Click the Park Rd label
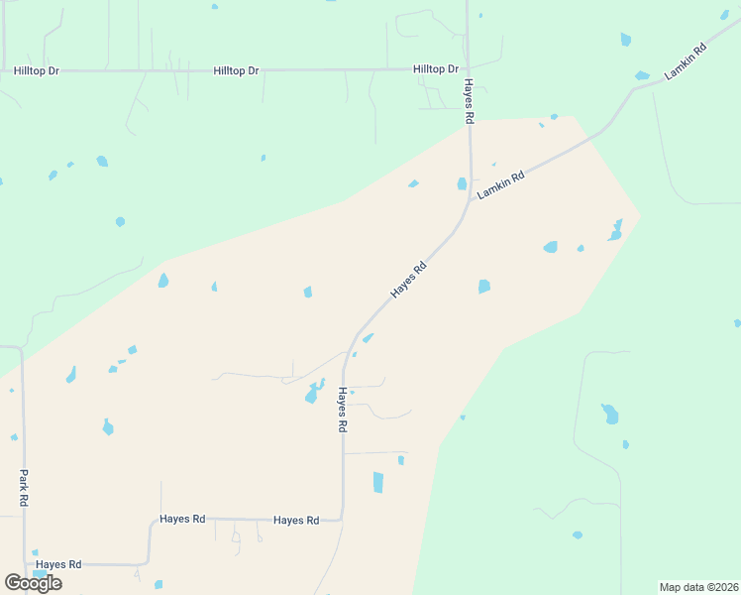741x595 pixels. [22, 489]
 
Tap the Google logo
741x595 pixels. [33, 583]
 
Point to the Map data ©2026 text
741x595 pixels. [698, 587]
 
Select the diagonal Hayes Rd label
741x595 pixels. [408, 280]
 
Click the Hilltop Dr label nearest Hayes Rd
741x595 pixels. [436, 69]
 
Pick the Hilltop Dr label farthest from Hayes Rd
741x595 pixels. [37, 71]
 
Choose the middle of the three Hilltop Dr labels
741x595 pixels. [236, 71]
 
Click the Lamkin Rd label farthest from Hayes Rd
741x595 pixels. [686, 61]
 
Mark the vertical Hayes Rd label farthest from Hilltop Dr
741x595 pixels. [342, 409]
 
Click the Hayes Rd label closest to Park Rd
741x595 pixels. [58, 564]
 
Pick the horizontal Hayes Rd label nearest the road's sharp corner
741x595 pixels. [296, 520]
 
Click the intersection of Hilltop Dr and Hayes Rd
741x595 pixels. [467, 69]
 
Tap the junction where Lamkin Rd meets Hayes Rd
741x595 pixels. [471, 198]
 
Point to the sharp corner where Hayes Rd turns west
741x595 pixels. [342, 518]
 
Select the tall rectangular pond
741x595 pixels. [377, 482]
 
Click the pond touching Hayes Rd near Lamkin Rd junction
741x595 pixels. [462, 183]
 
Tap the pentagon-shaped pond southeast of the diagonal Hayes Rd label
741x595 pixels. [484, 287]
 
